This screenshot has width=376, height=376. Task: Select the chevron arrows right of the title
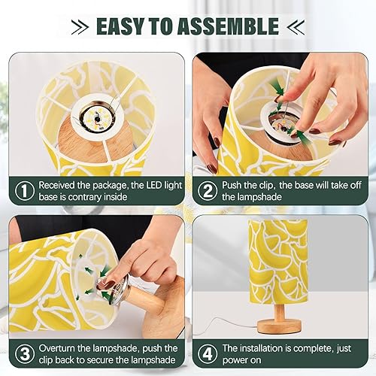point(295,26)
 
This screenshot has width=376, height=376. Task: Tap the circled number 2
point(207,190)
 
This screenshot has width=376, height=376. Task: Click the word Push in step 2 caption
point(235,185)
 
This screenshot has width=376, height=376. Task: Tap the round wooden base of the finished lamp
point(279,325)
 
